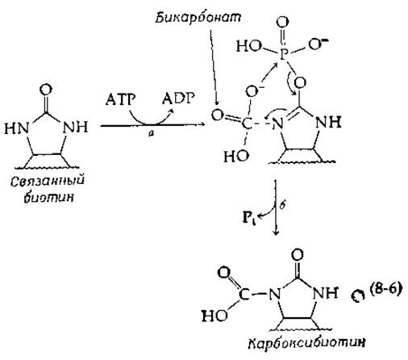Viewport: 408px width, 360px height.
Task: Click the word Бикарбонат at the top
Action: pyautogui.click(x=198, y=18)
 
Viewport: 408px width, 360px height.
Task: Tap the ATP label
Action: pyautogui.click(x=120, y=99)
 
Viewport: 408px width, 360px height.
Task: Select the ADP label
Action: pyautogui.click(x=178, y=98)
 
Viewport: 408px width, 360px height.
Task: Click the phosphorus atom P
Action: pyautogui.click(x=282, y=55)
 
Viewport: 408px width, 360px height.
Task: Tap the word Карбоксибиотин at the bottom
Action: pyautogui.click(x=306, y=343)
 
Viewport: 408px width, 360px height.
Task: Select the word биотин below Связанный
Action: pyautogui.click(x=48, y=197)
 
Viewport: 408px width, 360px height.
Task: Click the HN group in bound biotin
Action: pyautogui.click(x=17, y=128)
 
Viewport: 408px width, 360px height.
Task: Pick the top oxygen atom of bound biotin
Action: pyautogui.click(x=46, y=90)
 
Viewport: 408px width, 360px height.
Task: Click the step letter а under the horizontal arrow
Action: pyautogui.click(x=151, y=134)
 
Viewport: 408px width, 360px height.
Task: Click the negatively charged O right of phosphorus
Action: pyautogui.click(x=318, y=44)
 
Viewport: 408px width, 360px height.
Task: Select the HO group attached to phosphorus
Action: pyautogui.click(x=249, y=46)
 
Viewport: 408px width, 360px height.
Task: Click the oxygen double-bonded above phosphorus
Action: pyautogui.click(x=282, y=22)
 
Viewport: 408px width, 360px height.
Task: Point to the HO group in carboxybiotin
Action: pyautogui.click(x=214, y=316)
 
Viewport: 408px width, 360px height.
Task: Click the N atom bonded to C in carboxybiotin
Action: pyautogui.click(x=275, y=295)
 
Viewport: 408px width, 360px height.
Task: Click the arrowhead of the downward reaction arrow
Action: pyautogui.click(x=276, y=232)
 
